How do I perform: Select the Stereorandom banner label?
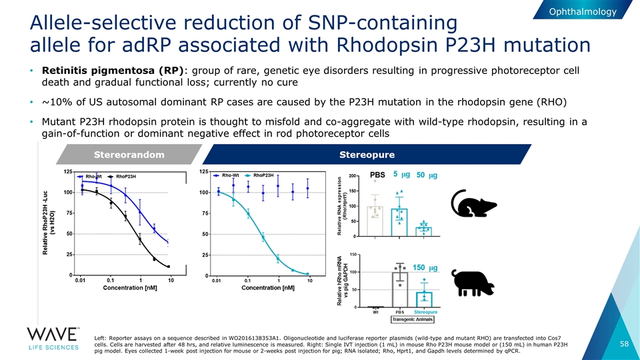point(129,155)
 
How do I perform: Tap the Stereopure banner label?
point(367,155)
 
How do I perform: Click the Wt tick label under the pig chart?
point(376,311)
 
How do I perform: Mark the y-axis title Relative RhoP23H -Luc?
point(47,227)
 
